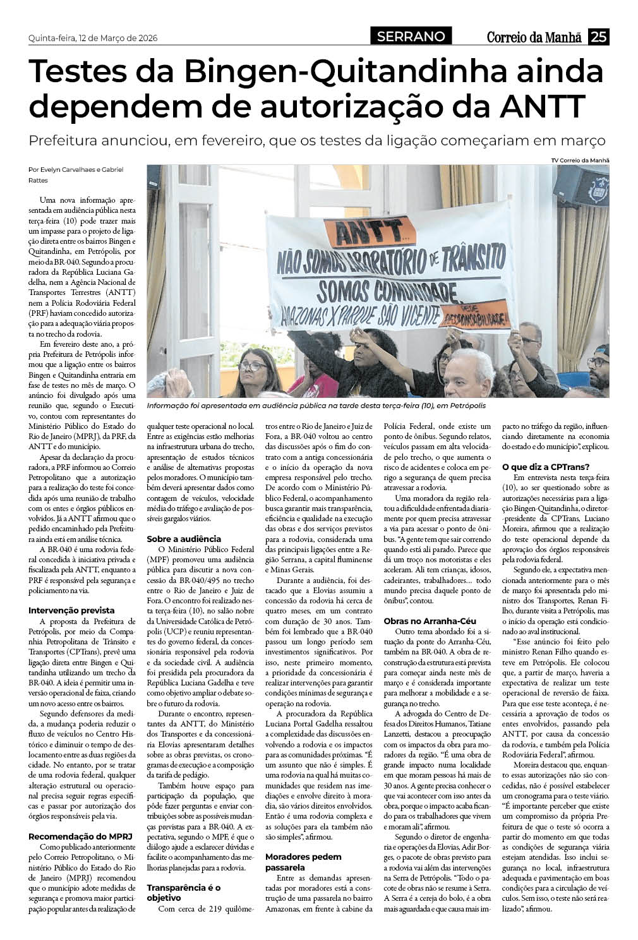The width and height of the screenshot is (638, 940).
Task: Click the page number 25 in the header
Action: (x=598, y=37)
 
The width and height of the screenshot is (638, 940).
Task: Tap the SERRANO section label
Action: (x=411, y=37)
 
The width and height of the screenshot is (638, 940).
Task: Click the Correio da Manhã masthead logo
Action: (x=533, y=38)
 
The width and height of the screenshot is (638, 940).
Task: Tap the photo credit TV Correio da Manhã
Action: (x=580, y=160)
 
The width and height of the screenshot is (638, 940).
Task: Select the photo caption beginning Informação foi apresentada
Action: (x=312, y=406)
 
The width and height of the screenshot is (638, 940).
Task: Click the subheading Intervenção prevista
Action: (x=71, y=610)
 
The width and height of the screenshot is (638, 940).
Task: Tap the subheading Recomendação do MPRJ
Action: (x=80, y=836)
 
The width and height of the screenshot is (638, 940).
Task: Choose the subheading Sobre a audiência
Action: (x=184, y=539)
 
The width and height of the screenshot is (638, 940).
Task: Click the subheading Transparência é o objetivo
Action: (x=183, y=892)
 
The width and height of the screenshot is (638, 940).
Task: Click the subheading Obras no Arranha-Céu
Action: (x=430, y=621)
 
